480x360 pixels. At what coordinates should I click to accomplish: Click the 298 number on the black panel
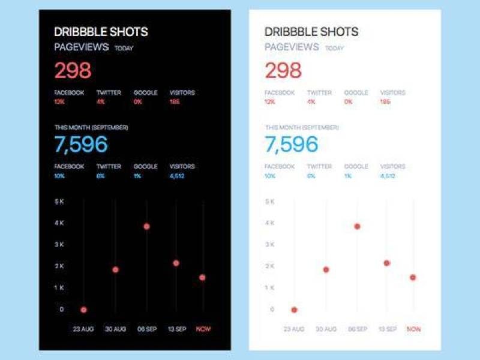pos(73,71)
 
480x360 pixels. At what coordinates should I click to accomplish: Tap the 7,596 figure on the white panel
pos(292,145)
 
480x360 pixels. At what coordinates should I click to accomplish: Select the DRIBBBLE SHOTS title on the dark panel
pos(101,32)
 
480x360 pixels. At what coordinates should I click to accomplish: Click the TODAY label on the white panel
pos(335,49)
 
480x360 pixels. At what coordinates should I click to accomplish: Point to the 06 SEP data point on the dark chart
pos(146,226)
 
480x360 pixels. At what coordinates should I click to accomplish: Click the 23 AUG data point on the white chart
pos(294,310)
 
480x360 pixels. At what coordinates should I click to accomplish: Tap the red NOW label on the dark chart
pos(203,329)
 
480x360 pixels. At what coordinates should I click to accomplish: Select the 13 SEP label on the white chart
pos(387,329)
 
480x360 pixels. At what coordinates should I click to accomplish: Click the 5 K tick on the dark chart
pos(59,202)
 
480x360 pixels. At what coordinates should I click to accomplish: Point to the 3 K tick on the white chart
pos(270,245)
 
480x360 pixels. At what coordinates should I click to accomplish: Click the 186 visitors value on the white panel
pos(385,102)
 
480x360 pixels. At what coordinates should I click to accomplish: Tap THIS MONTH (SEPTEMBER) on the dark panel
pos(91,127)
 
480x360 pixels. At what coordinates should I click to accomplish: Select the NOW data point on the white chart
pos(413,277)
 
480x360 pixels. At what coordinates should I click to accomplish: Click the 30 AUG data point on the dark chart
pos(115,269)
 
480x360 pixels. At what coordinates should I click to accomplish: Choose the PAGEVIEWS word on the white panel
pos(292,47)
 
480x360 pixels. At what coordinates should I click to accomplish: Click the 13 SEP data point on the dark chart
pos(176,263)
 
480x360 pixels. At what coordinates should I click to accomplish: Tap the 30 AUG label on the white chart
pos(326,329)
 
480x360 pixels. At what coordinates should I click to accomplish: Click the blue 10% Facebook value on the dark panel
pos(59,176)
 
